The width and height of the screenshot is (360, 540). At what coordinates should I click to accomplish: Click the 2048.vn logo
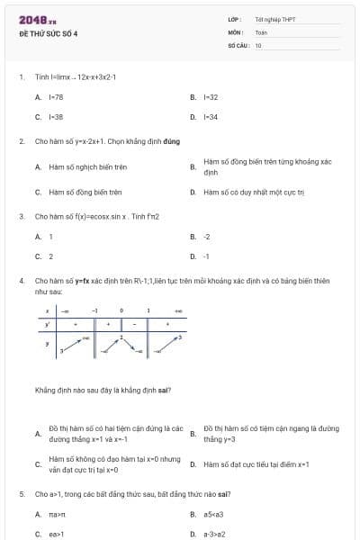[x=37, y=19]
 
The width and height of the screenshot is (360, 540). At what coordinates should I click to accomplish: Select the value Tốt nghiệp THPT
[x=274, y=19]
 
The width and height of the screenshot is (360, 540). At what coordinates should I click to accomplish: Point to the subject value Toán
[x=261, y=31]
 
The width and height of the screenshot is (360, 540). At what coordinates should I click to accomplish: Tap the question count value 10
[x=258, y=44]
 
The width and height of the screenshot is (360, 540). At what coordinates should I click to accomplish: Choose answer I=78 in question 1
[x=56, y=96]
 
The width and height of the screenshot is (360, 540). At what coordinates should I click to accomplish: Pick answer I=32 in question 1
[x=211, y=96]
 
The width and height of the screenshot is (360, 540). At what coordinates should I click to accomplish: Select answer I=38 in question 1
[x=56, y=117]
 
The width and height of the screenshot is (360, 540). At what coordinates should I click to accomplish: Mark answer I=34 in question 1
[x=211, y=117]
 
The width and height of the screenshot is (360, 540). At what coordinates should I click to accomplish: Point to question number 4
[x=22, y=281]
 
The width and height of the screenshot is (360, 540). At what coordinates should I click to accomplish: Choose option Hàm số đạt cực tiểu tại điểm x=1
[x=256, y=463]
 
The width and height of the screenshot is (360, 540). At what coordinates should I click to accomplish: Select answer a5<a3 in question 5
[x=212, y=514]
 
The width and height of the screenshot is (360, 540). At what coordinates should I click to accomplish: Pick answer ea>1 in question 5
[x=56, y=534]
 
